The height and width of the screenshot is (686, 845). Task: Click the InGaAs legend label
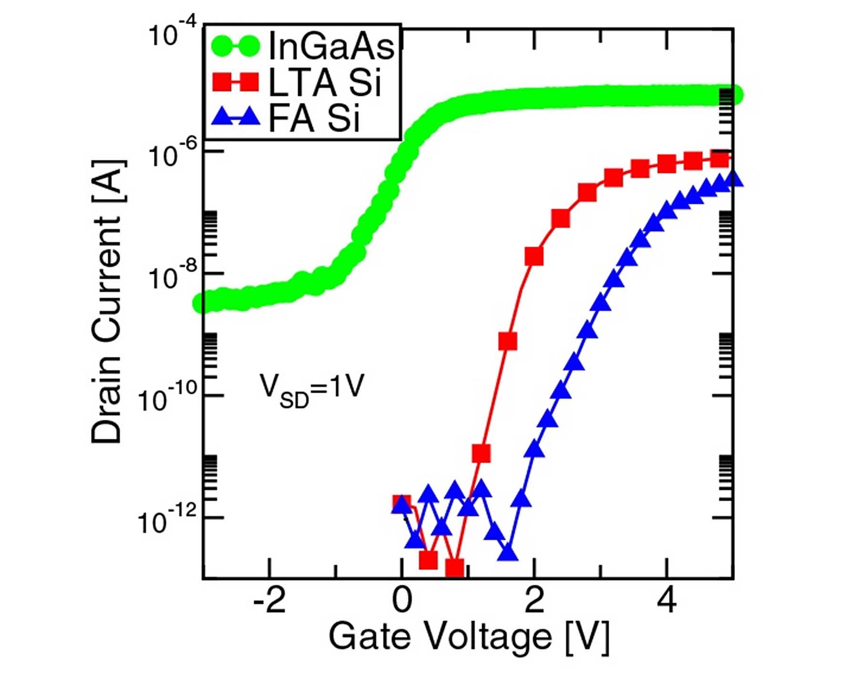click(331, 46)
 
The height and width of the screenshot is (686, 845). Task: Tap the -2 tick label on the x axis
click(269, 601)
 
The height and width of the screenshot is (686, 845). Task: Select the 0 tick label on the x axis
click(402, 601)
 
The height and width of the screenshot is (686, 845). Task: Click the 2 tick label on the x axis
click(534, 601)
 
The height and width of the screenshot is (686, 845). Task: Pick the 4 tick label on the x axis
click(666, 601)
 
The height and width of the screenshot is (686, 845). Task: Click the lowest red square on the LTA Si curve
click(455, 568)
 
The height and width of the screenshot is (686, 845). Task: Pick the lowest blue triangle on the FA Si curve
click(508, 553)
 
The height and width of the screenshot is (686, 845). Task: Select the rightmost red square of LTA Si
click(720, 159)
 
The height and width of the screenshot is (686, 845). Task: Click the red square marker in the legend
click(235, 82)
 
